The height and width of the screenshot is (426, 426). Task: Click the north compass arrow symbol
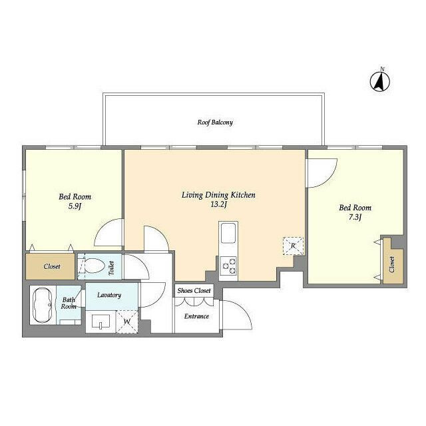pos(380,81)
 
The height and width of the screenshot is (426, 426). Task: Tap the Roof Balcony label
pos(215,122)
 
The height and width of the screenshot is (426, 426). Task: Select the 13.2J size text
pos(218,204)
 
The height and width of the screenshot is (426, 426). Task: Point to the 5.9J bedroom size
pos(75,206)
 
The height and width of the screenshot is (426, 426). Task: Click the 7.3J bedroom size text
pos(355,217)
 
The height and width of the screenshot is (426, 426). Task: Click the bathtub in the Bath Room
pos(43,305)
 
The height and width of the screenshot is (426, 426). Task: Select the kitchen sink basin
pos(228,233)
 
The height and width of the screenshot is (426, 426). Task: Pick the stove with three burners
pos(229,266)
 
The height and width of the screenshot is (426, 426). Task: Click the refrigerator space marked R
pos(293,246)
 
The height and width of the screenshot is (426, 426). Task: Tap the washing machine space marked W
pos(127,321)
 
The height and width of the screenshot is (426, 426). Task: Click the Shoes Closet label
pos(194,291)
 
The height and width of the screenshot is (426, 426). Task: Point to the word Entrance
pos(196,316)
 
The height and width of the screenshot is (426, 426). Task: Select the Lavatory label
pos(109,295)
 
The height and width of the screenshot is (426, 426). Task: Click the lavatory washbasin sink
pos(101,321)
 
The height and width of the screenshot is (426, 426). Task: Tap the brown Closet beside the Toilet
pos(51,266)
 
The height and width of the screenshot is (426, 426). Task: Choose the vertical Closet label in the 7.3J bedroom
pos(392,265)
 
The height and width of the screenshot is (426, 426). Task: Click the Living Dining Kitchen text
pos(218,195)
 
